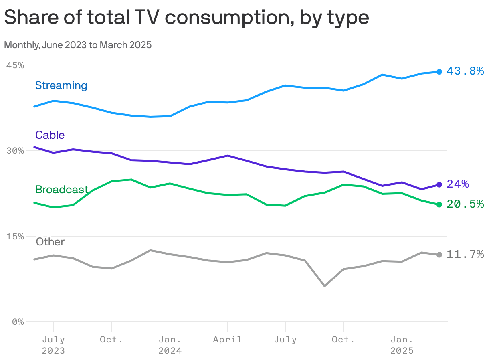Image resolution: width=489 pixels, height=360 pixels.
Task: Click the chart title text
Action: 186,18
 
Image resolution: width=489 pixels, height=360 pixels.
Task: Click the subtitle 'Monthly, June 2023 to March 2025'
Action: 78,45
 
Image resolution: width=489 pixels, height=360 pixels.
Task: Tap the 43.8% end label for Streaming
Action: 465,71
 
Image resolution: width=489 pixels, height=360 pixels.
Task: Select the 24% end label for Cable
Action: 458,184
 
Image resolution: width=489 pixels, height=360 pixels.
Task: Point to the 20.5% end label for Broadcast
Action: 465,204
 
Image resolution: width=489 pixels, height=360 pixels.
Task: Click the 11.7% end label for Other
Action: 465,255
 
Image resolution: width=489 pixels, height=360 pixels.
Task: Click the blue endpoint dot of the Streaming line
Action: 439,72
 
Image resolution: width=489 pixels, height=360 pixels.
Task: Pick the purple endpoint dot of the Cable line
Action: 439,185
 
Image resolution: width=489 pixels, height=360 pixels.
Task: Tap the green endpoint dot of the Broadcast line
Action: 439,204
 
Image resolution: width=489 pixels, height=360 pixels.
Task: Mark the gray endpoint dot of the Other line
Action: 439,255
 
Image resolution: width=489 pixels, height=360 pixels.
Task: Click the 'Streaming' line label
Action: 61,85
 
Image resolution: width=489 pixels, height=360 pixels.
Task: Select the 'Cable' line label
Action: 50,135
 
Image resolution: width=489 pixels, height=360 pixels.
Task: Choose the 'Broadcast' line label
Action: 62,190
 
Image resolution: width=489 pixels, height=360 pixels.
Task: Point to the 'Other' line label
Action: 50,242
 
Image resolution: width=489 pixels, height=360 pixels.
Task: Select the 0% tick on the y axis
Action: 17,322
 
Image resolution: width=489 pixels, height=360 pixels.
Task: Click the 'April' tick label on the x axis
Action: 227,340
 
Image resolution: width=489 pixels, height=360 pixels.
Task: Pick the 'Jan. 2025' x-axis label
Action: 402,345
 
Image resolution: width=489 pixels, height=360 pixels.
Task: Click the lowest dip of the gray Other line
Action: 324,286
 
